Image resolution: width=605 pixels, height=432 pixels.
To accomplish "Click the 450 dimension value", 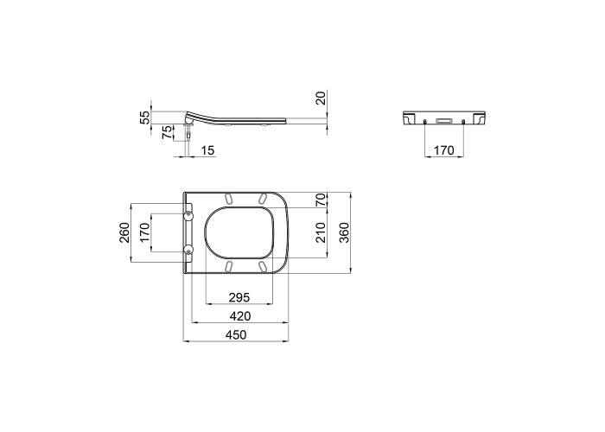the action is click(236, 335).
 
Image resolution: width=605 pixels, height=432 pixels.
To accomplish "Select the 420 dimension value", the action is click(240, 316).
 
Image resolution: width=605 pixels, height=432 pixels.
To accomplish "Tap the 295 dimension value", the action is click(239, 297).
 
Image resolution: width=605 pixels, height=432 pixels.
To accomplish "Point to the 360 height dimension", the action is click(345, 232).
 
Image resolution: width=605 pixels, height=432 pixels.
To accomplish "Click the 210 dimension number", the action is click(321, 232).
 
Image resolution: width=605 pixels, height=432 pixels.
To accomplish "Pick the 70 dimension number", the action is click(321, 200).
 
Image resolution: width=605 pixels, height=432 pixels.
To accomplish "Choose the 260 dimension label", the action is click(124, 232).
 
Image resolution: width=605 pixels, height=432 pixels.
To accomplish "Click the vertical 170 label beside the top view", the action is click(144, 232).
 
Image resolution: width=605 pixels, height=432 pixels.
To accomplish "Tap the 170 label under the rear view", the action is click(444, 150).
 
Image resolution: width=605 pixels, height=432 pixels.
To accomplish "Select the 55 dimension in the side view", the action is click(144, 118).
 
